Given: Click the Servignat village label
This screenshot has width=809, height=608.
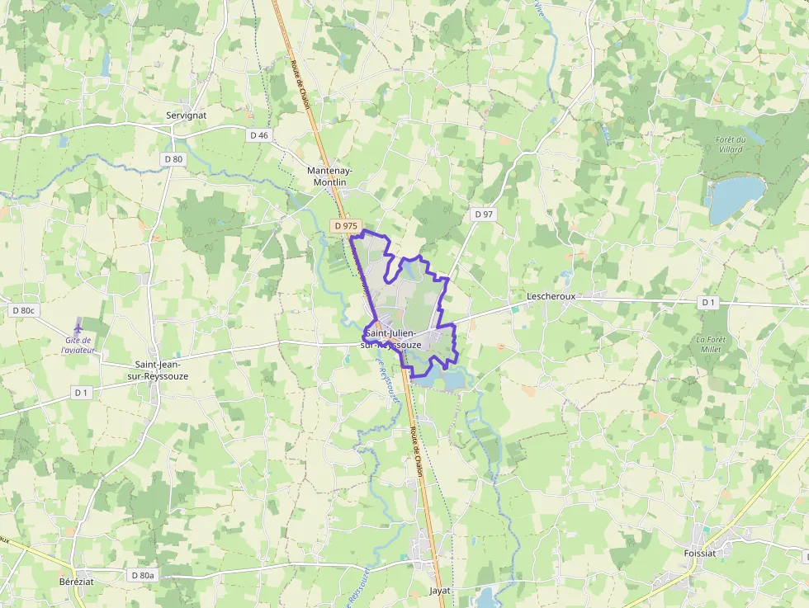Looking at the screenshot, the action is point(186,115).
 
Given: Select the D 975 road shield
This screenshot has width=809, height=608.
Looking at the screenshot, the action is point(346,225).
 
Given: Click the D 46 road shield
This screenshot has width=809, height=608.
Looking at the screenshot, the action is point(259,134).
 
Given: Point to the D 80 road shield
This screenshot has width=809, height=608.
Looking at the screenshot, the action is point(173,158).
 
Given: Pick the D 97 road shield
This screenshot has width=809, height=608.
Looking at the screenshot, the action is point(484,214).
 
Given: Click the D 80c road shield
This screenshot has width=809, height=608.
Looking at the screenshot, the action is point(24,310).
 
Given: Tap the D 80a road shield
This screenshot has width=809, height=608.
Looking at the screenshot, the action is point(143,574).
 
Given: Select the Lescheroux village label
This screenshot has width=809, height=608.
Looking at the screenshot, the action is point(551,295).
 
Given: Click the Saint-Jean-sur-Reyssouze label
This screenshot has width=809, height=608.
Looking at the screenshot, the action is point(162,370).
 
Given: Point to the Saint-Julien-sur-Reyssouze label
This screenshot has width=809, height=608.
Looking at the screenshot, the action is point(393,338).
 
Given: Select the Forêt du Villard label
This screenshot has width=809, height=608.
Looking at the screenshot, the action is point(731,144).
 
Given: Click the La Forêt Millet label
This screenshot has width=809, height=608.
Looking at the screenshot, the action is point(709,344).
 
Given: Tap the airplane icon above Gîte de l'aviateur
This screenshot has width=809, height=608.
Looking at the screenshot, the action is point(78,324).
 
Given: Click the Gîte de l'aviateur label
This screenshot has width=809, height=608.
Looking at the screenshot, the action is point(78,345).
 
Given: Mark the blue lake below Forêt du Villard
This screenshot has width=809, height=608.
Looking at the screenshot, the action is point(735,198).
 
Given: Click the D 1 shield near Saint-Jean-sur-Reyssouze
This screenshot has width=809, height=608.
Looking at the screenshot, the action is point(80,393).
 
